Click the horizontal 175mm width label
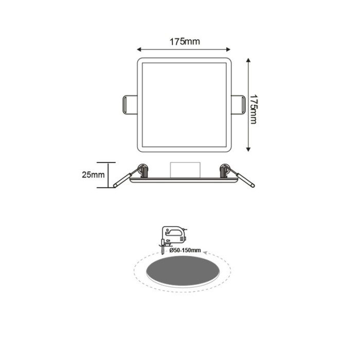click(x=184, y=42)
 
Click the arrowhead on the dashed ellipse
click(x=205, y=253)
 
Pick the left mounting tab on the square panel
click(x=129, y=104)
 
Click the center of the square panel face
click(x=184, y=105)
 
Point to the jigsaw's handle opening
click(x=174, y=231)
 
